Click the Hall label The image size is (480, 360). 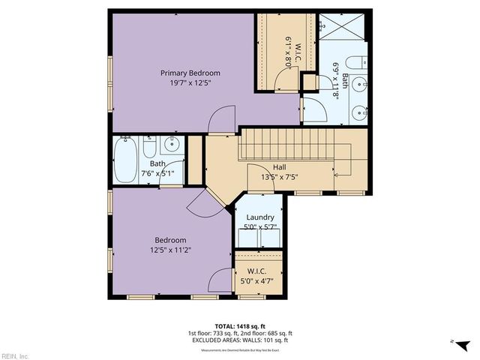point(279,167)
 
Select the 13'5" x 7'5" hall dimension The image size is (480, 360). point(279,178)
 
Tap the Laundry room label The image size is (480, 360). point(259,217)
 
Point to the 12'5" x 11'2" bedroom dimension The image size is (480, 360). point(172,250)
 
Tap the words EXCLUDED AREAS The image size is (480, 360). point(218,340)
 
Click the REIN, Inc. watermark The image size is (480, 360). point(15,355)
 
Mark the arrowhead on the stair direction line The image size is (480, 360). point(334,175)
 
